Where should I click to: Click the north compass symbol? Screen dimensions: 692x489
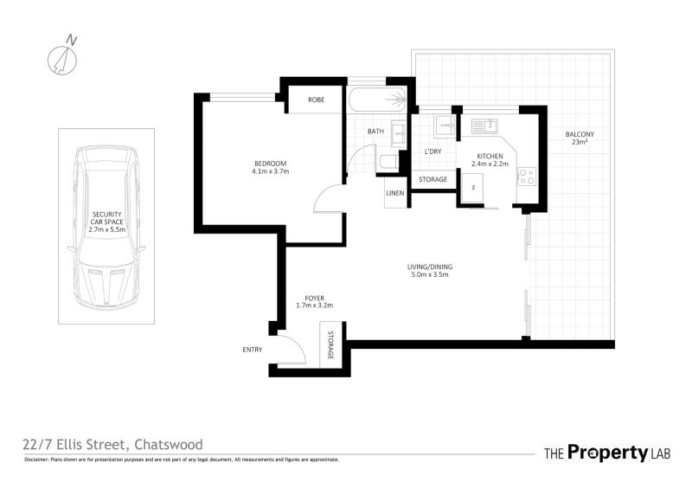coord(62,60)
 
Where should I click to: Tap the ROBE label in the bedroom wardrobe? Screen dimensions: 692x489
coord(316,100)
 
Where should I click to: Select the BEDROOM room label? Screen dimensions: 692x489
coord(270,164)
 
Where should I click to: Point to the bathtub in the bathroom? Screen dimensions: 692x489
coord(377,100)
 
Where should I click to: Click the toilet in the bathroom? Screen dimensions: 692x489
coord(388,162)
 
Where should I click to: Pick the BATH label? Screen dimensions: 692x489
coord(375,132)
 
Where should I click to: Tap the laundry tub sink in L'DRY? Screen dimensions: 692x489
coord(445,126)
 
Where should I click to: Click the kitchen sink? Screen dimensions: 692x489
coord(484,126)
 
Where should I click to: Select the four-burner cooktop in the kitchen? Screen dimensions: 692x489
coord(527,177)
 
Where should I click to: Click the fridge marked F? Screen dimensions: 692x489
coord(472,188)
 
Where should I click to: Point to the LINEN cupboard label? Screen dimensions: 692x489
coord(394,193)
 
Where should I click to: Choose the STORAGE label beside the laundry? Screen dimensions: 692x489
coord(432,179)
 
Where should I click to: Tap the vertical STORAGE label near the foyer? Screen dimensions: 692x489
coord(330,344)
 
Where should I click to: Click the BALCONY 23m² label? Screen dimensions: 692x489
coord(580,138)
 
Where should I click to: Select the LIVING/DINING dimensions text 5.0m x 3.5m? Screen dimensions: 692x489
coord(427,274)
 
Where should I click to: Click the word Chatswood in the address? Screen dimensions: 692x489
coord(169,444)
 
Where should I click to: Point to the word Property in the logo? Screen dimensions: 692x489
coord(608,453)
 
